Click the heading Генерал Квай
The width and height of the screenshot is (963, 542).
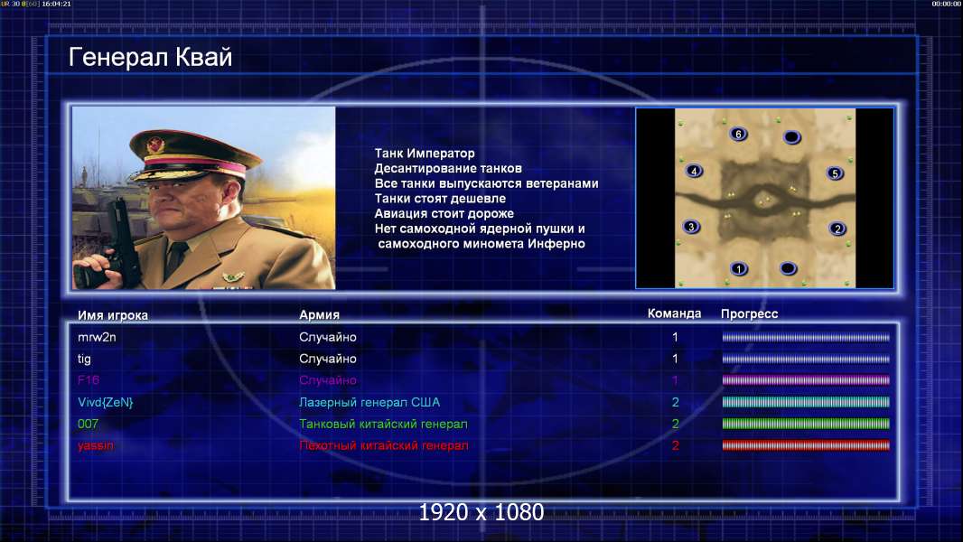(x=151, y=57)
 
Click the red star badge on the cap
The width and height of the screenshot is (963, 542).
(x=155, y=145)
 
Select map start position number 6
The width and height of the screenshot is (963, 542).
(x=738, y=134)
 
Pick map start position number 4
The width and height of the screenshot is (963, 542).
(x=694, y=171)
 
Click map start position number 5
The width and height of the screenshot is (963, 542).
(x=835, y=173)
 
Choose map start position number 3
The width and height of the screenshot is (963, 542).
(x=691, y=227)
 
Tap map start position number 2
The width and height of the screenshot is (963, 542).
(x=837, y=229)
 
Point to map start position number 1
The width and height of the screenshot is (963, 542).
(x=739, y=268)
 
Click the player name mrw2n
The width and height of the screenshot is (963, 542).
(x=97, y=337)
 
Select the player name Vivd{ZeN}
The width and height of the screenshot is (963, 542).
(x=105, y=402)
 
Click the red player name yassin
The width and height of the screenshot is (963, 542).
(x=95, y=445)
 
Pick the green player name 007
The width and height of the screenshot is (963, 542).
(x=88, y=424)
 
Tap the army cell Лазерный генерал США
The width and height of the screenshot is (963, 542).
(x=369, y=402)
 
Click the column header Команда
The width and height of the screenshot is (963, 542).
(x=674, y=313)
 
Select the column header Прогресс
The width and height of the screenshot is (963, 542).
(x=749, y=313)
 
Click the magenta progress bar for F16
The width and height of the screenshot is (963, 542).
(x=806, y=380)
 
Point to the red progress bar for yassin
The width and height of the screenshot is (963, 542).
(x=806, y=445)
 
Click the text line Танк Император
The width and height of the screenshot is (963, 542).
(x=425, y=154)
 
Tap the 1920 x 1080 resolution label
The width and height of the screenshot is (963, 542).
(x=481, y=512)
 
